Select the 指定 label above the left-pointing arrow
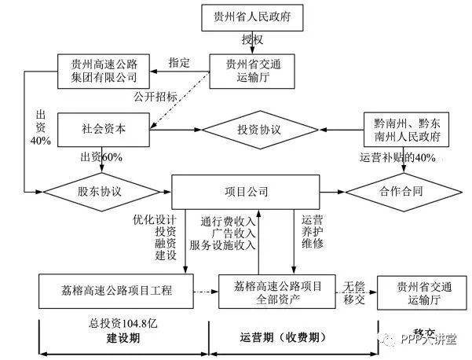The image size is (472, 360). click(x=180, y=62)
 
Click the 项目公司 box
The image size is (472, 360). click(x=246, y=191)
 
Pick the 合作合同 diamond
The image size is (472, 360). click(x=395, y=191)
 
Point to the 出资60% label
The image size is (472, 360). click(x=102, y=157)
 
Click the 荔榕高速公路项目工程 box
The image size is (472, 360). click(x=116, y=291)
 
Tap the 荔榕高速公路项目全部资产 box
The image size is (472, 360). click(x=272, y=292)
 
